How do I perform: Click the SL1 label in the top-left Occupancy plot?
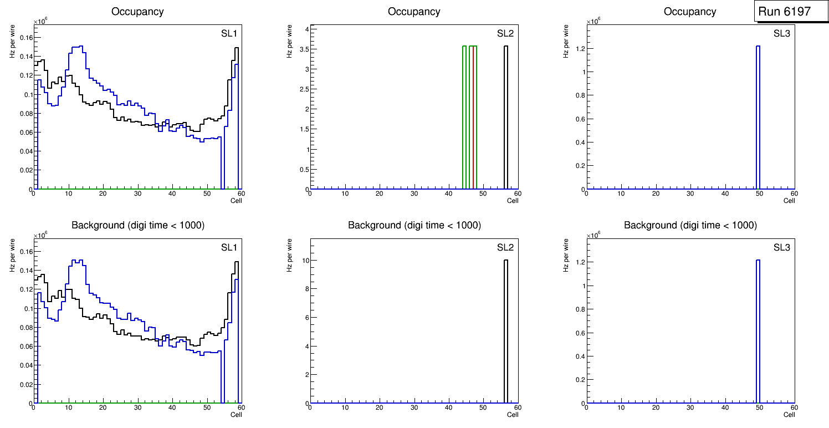point(229,33)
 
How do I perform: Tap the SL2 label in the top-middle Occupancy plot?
point(505,33)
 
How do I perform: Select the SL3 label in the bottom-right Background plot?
point(781,247)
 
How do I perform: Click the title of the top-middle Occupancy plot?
point(414,12)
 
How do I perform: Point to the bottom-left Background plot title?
point(138,225)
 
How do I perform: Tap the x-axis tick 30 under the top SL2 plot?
point(414,193)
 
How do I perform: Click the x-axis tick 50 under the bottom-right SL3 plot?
point(759,407)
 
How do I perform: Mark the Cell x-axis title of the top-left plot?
point(236,200)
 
